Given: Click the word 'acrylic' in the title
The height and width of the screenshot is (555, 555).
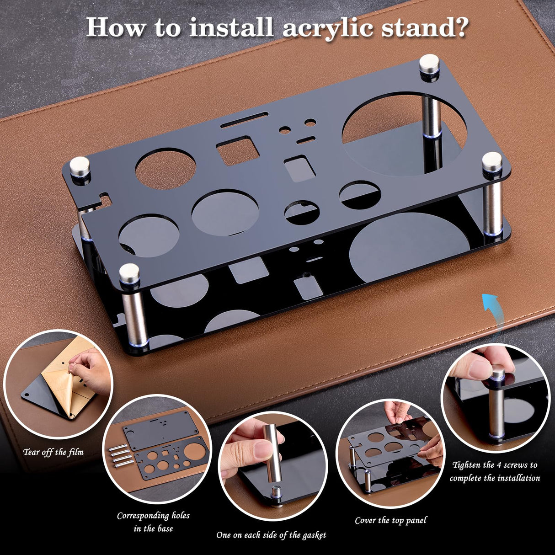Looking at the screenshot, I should coord(328,27).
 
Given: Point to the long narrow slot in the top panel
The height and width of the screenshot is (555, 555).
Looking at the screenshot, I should coord(244,121).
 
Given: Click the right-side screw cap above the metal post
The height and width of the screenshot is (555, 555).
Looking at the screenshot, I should coord(492,162).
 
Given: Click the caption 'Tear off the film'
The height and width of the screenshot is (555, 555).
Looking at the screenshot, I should coord(53,452).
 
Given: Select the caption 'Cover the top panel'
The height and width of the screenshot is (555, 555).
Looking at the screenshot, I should coord(390,520).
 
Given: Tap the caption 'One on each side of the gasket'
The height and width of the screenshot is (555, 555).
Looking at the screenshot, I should coord(271,535).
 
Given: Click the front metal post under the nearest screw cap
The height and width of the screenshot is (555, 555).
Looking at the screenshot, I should coord(134,315).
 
